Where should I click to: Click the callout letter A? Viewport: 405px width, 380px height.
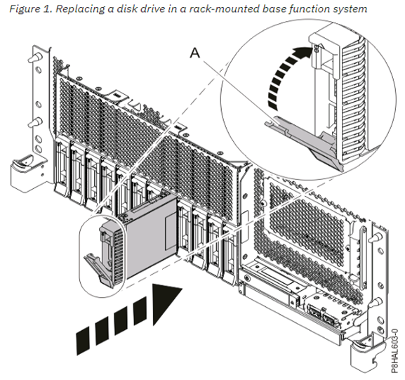(195, 53)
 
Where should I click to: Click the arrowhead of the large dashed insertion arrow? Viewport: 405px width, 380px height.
(166, 303)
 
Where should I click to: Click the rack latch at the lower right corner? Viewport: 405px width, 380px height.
(364, 354)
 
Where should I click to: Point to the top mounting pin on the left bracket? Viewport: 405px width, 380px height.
(35, 58)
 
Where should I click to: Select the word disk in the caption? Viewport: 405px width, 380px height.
(125, 8)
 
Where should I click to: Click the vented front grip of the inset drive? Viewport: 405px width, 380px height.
(354, 98)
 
